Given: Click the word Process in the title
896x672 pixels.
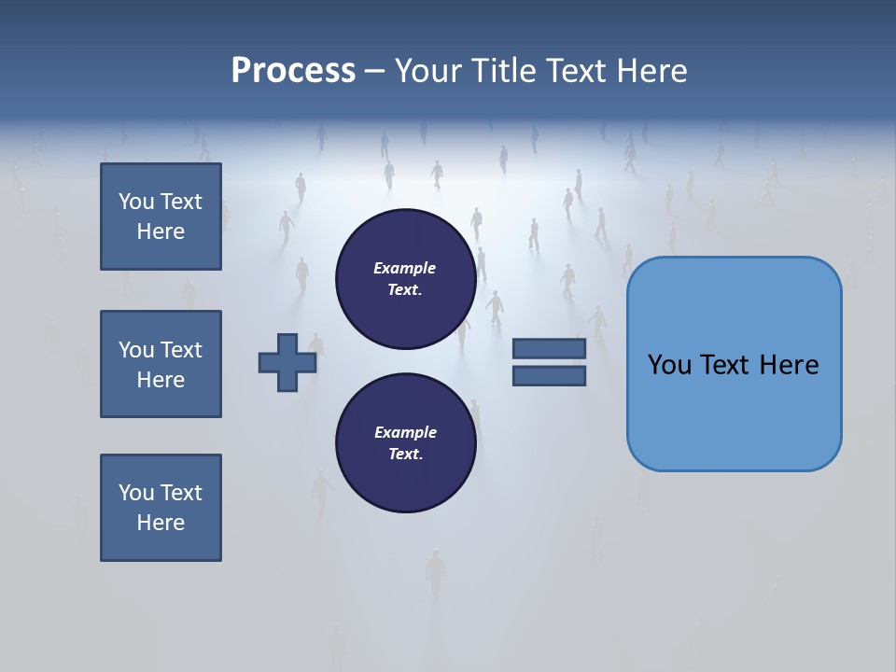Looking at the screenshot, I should coord(293,71).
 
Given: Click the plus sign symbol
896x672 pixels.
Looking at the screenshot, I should coord(287,362).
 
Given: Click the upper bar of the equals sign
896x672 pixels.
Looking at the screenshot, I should coord(549,348).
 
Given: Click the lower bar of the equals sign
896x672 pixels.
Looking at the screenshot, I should coord(549,375).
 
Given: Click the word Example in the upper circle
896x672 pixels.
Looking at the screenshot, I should coord(405,268).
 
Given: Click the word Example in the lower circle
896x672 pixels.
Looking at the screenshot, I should coord(405,432).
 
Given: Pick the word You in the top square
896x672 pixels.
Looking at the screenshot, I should coord(135,202).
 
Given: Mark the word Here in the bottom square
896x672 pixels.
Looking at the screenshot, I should coord(161,523).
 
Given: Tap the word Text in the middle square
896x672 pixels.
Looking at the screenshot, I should coord(180,350).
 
